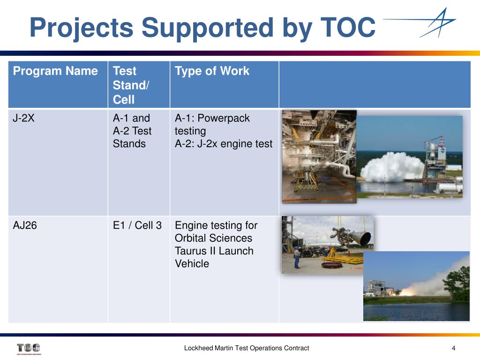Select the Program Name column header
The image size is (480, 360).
tap(55, 71)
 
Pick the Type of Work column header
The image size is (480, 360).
tap(212, 71)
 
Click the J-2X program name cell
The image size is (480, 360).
tap(23, 118)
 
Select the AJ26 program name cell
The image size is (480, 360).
tap(25, 225)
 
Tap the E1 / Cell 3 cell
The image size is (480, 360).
tap(137, 225)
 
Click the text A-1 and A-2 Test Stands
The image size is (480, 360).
tap(132, 131)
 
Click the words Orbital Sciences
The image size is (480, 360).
tap(213, 238)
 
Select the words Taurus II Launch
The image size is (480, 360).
tap(214, 251)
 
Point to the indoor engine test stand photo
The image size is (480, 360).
tap(319, 156)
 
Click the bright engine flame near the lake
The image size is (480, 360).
tap(407, 291)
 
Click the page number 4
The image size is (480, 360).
tap(453, 348)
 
